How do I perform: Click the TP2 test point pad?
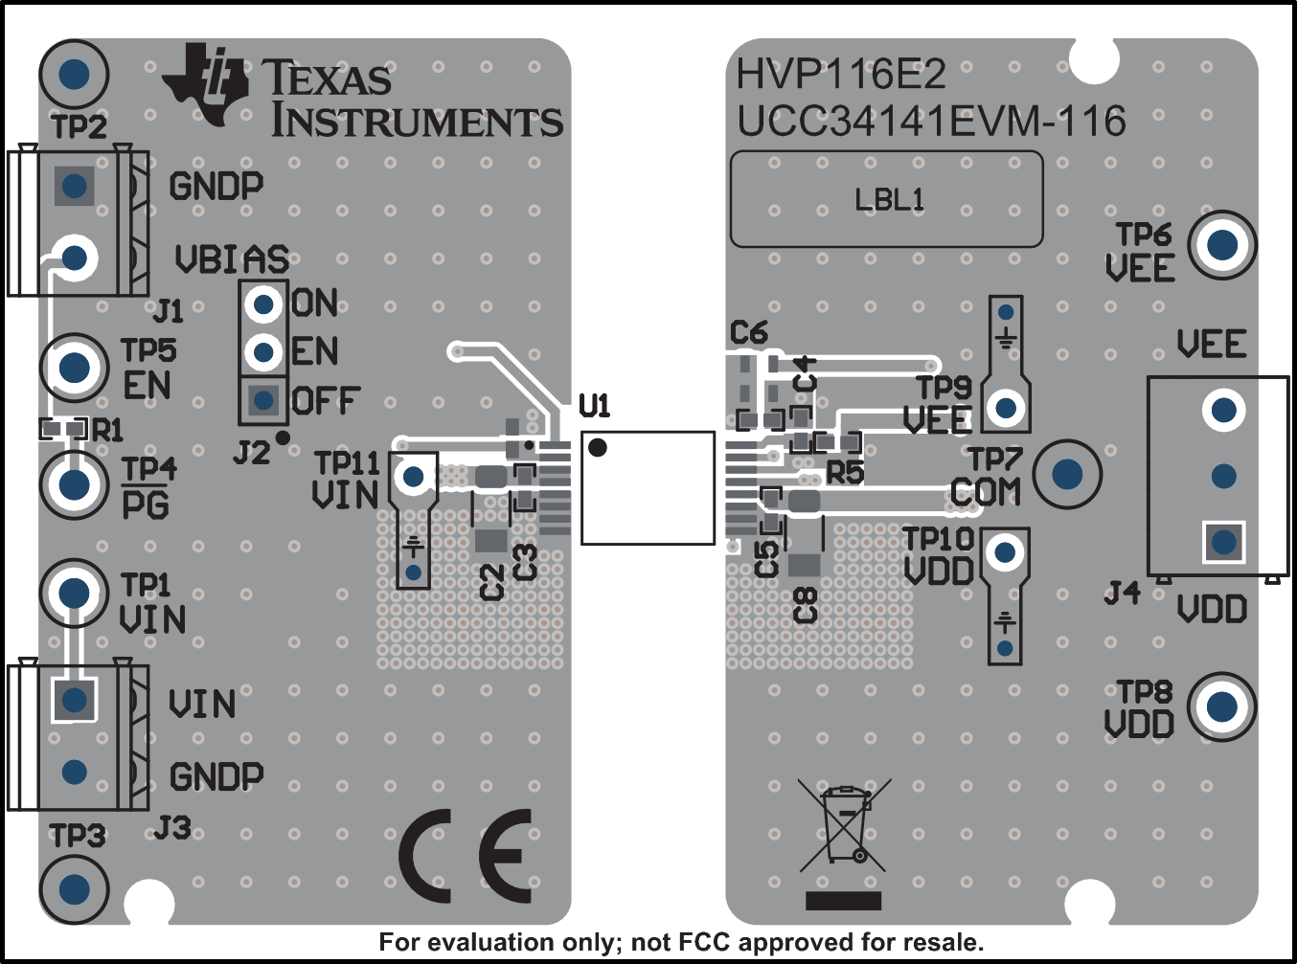coord(74,74)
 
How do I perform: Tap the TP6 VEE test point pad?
coord(1221,245)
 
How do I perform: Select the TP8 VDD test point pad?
coord(1221,707)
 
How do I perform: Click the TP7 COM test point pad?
coord(1067,474)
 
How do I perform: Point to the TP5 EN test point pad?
coord(74,368)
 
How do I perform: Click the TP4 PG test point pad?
coord(74,484)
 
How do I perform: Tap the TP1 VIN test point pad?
coord(74,593)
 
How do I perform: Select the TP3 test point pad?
coord(74,889)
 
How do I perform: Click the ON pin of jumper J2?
coord(263,305)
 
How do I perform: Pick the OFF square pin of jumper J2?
coord(263,400)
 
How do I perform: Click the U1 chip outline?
coord(648,488)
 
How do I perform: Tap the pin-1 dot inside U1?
coord(598,447)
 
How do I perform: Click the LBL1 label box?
coord(886,199)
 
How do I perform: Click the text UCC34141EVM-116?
coord(930,122)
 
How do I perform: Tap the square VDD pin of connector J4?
coord(1223,543)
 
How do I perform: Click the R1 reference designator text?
coord(107,430)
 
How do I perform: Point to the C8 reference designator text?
coord(806,606)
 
